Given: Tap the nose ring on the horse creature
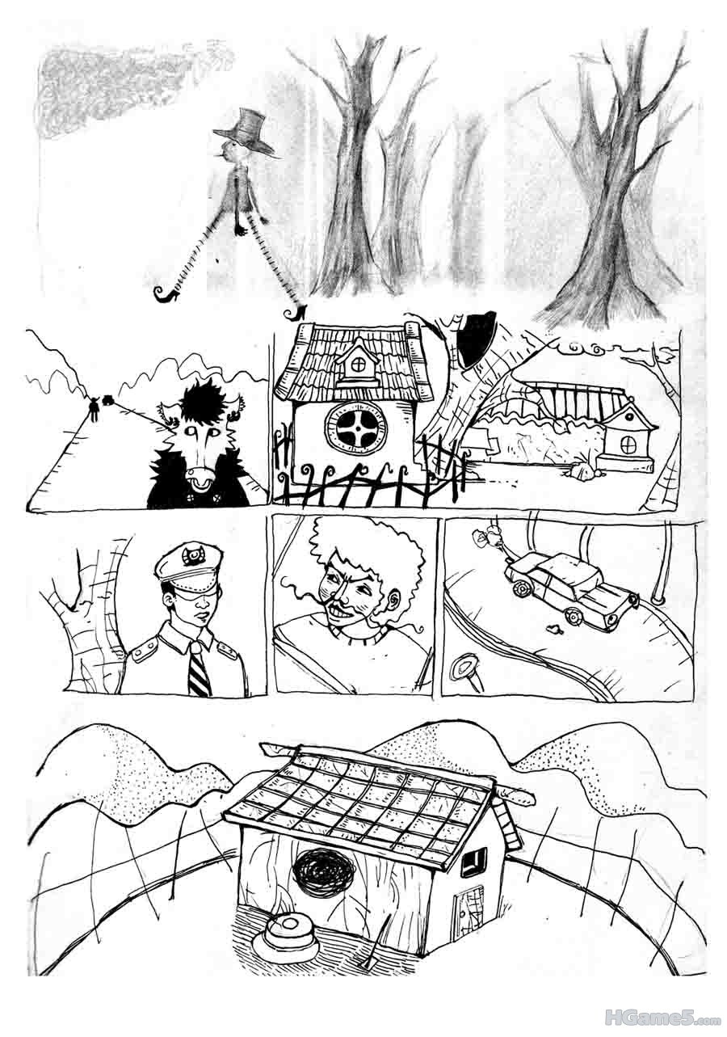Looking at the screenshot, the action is click(201, 482).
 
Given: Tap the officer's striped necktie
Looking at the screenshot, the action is click(200, 666).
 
